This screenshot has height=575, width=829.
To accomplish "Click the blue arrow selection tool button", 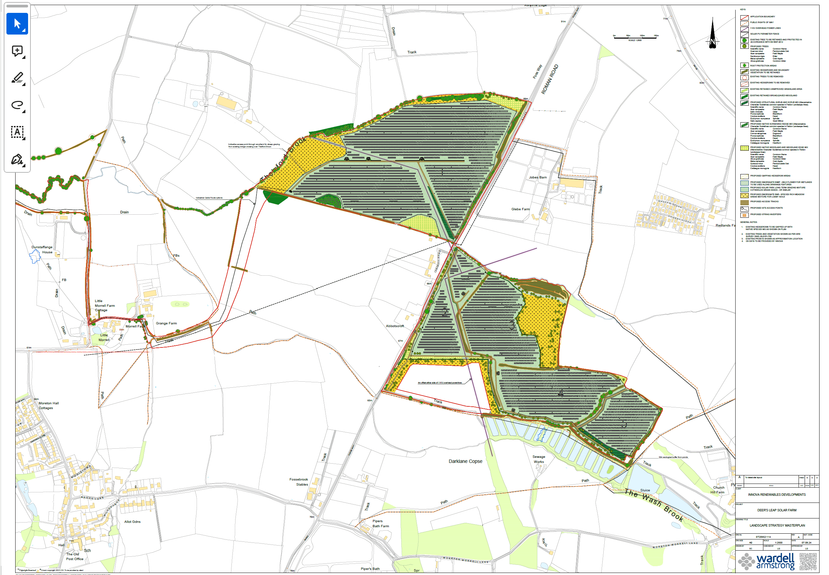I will tap(17, 24).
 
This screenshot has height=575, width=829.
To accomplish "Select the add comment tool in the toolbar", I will tap(17, 51).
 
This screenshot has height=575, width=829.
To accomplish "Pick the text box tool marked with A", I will tap(17, 132).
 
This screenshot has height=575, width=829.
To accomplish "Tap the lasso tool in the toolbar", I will tap(17, 105).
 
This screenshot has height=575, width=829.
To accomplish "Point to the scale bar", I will tap(635, 38).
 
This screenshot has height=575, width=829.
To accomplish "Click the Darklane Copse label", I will tap(465, 461).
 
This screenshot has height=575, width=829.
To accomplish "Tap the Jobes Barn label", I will tap(537, 177).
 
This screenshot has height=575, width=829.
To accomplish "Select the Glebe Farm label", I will tap(520, 209).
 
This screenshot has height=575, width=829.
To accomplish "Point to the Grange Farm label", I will tap(166, 323).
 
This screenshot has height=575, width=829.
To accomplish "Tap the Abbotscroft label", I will tap(395, 326).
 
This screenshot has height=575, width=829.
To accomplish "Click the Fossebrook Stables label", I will tap(299, 482).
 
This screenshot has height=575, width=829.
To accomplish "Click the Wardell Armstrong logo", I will tap(766, 561).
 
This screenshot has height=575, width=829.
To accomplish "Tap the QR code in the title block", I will tap(808, 561).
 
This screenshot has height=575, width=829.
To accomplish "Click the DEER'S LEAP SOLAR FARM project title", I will tap(777, 510).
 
